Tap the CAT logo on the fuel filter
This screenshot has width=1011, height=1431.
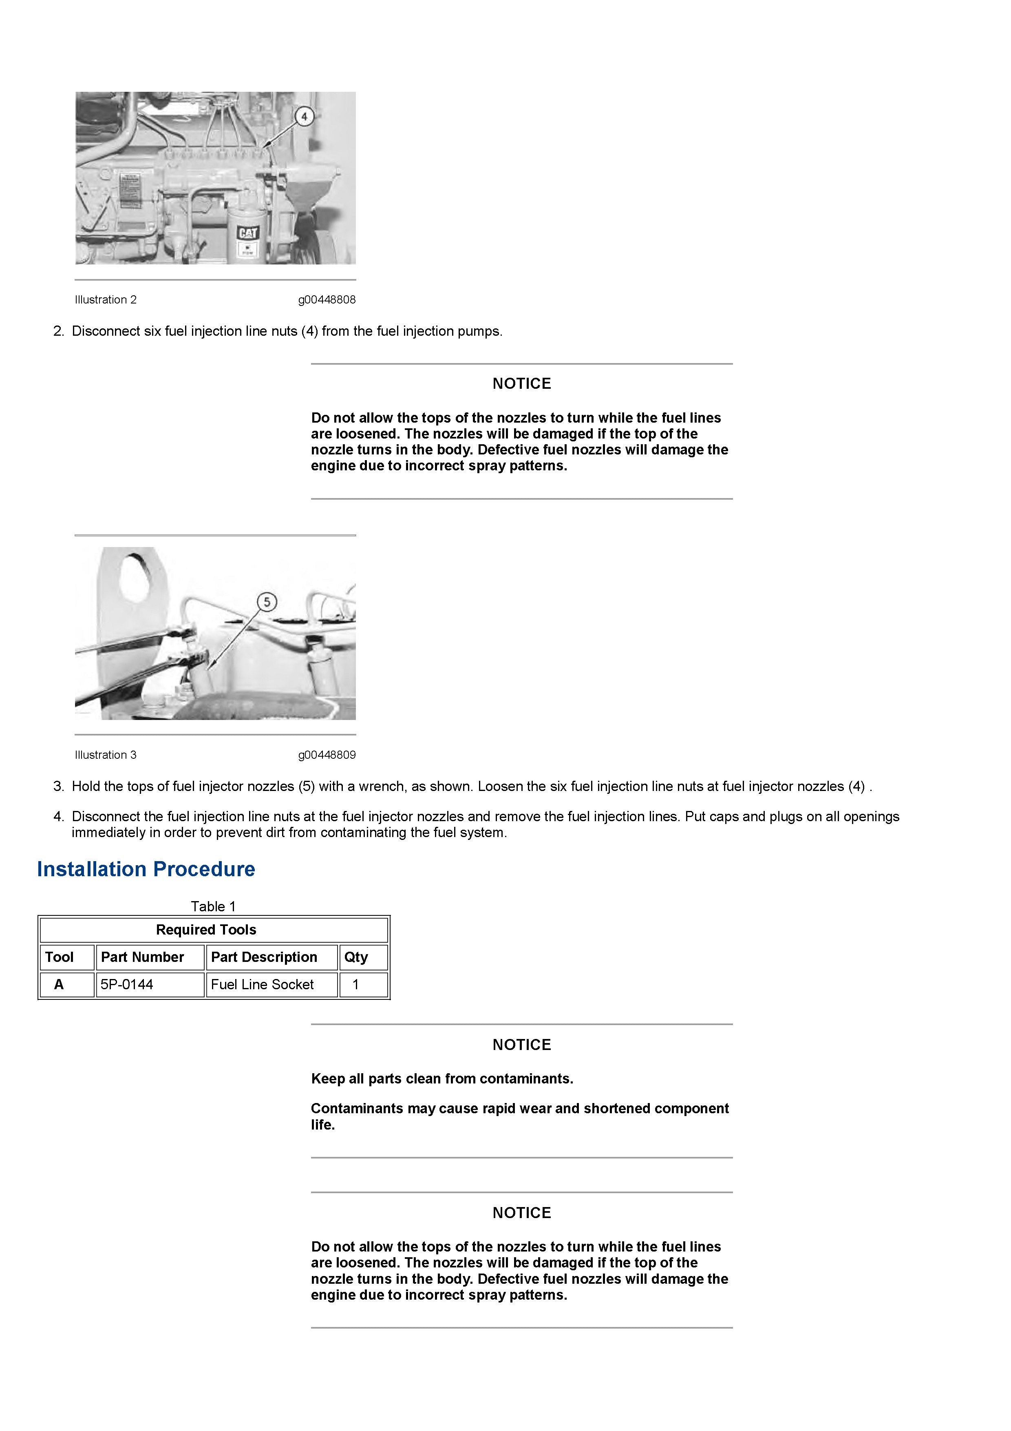(247, 233)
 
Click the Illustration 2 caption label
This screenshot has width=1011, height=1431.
(105, 300)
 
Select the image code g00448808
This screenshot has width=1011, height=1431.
(327, 300)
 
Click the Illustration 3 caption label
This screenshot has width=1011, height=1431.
(105, 755)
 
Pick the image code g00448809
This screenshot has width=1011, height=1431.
(327, 755)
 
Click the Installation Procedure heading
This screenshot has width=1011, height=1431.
(146, 869)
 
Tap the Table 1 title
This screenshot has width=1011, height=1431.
(213, 906)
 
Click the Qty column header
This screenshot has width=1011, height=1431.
(356, 957)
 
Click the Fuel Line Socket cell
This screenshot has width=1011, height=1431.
(262, 985)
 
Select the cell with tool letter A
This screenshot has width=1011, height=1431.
(59, 985)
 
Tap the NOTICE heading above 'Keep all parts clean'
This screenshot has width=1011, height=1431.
(521, 1045)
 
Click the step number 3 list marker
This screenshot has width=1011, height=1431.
(59, 786)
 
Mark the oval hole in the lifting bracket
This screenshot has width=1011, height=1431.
(135, 578)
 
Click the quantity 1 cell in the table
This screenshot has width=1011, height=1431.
(356, 985)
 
